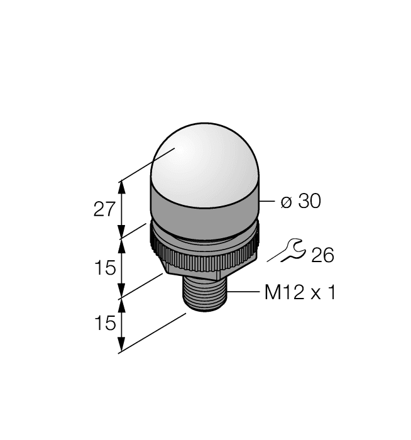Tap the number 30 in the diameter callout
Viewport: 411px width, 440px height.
tap(309, 201)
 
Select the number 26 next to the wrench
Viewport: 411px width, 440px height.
tap(322, 256)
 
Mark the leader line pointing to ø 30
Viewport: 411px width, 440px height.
tap(266, 202)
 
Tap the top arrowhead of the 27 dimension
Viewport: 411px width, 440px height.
tap(122, 184)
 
